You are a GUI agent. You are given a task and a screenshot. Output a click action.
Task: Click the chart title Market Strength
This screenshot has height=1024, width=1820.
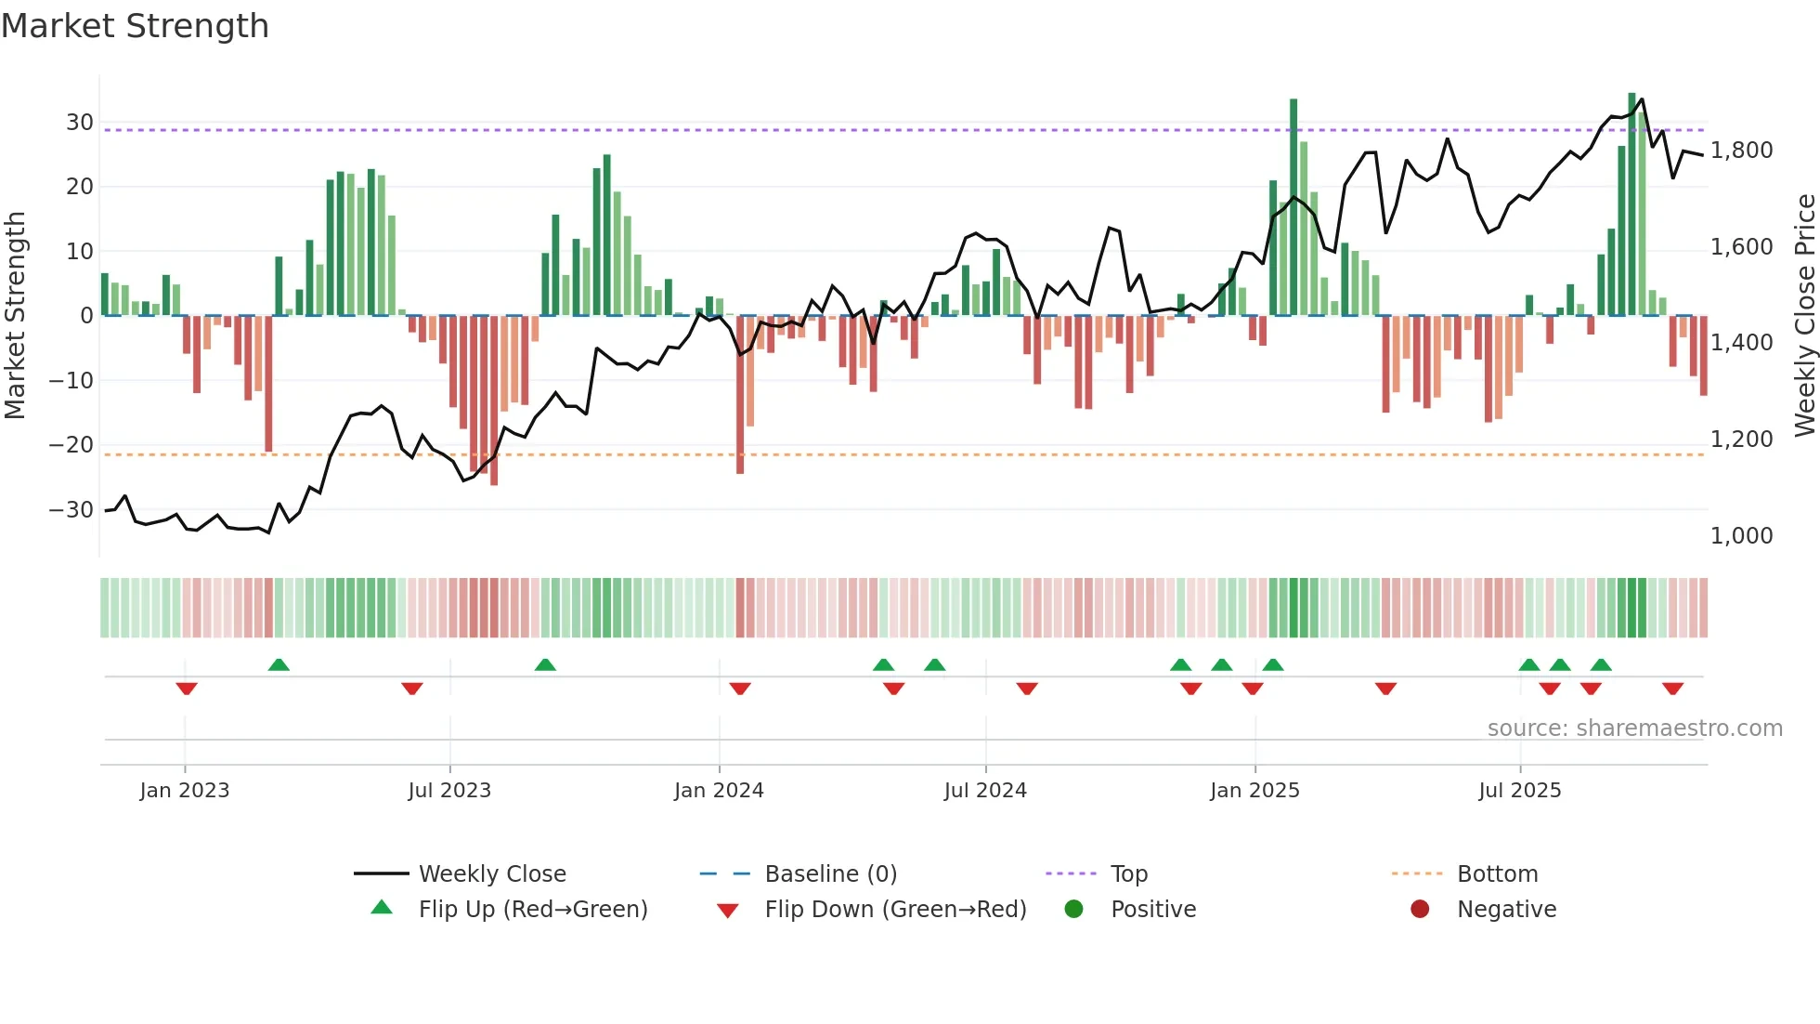(135, 25)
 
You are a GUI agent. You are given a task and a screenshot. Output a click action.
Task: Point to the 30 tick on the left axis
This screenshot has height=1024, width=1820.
(79, 123)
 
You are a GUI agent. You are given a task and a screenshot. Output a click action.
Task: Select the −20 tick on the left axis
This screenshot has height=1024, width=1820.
(71, 445)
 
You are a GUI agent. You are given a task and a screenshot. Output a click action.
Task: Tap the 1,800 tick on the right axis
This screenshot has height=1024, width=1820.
(1741, 151)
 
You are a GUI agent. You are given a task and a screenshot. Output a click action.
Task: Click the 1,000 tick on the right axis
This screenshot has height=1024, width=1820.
(1741, 536)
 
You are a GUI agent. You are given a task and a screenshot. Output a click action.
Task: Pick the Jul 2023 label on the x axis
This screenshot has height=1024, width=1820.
(449, 791)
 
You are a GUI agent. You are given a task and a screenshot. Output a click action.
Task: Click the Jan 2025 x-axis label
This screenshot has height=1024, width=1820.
(1254, 791)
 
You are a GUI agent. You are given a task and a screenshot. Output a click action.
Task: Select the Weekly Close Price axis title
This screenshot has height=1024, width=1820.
(1804, 316)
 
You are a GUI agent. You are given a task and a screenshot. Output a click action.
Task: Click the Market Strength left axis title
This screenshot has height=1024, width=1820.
(15, 316)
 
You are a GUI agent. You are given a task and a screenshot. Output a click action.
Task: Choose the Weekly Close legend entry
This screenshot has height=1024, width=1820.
(491, 874)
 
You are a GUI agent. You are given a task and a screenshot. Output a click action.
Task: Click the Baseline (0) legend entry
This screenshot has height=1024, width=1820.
(830, 874)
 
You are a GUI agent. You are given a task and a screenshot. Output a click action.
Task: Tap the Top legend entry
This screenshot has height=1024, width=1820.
(1128, 874)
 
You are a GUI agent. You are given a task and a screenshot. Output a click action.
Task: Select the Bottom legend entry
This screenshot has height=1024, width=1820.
(1497, 874)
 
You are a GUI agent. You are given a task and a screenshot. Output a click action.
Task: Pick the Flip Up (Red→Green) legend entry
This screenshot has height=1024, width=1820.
(532, 910)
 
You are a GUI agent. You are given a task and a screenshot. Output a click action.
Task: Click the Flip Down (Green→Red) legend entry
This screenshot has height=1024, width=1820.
(895, 910)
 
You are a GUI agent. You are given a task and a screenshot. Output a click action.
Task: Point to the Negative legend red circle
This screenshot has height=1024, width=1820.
(1420, 910)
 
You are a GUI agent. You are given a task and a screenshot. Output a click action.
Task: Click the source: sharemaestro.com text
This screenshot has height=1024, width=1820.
(1634, 729)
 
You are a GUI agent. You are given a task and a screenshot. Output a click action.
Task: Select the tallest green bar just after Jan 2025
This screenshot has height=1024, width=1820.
(1293, 206)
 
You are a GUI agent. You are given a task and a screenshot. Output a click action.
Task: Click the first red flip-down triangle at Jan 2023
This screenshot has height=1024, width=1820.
(187, 689)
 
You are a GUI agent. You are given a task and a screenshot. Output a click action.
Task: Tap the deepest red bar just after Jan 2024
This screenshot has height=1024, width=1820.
(740, 395)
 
